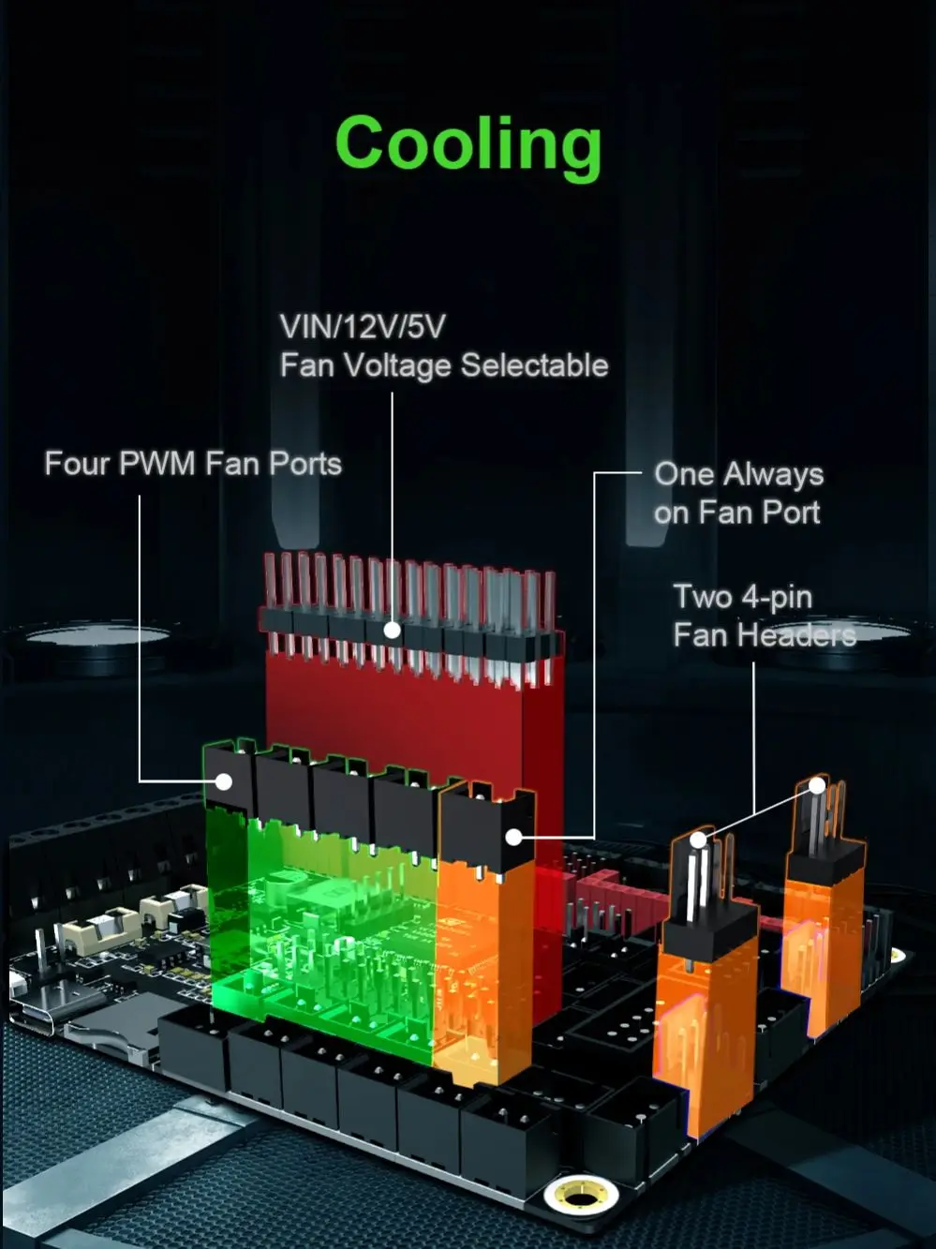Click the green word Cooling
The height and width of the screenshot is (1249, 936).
pos(468,144)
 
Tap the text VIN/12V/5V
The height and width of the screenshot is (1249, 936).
pos(363,327)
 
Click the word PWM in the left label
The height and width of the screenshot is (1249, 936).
pos(157,463)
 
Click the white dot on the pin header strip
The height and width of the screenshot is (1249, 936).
pos(392,631)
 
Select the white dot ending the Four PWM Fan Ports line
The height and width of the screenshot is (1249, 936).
pos(224,781)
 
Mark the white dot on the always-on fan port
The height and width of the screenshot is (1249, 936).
pos(513,837)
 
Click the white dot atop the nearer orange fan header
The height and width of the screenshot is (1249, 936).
pos(698,840)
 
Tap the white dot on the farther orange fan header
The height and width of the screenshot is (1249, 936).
pos(817,785)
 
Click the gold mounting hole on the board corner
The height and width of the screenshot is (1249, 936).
pos(581,1195)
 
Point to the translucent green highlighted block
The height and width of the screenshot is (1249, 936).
pos(319,928)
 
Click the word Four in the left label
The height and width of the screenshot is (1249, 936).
pos(77,463)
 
